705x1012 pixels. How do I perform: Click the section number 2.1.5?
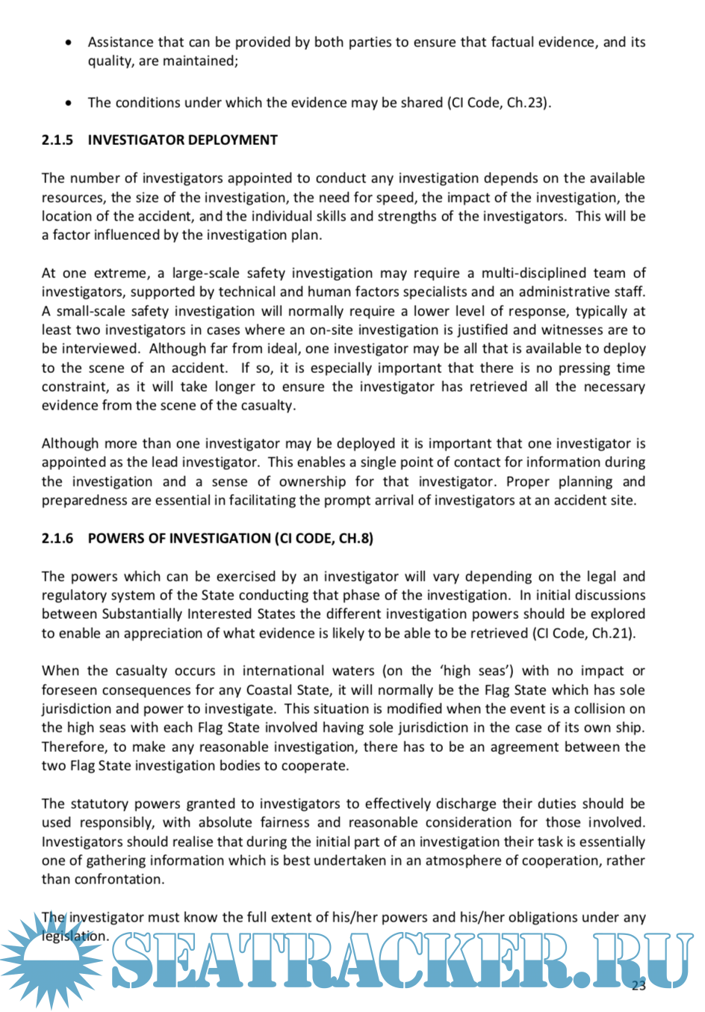pos(58,140)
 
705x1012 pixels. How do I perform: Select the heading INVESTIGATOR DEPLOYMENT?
pos(182,140)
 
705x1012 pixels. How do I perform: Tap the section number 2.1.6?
pos(58,538)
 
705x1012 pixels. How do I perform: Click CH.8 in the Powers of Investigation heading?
pos(355,538)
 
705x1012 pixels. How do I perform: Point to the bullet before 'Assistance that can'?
pos(69,43)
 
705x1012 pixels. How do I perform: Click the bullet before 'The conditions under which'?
pos(69,103)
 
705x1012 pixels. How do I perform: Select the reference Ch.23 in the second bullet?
pos(527,102)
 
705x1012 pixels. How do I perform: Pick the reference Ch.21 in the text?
pos(612,633)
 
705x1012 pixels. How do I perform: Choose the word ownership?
pos(314,481)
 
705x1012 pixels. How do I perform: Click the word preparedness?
pos(84,500)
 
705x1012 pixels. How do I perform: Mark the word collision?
pos(603,709)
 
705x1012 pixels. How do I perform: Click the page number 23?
pos(639,985)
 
